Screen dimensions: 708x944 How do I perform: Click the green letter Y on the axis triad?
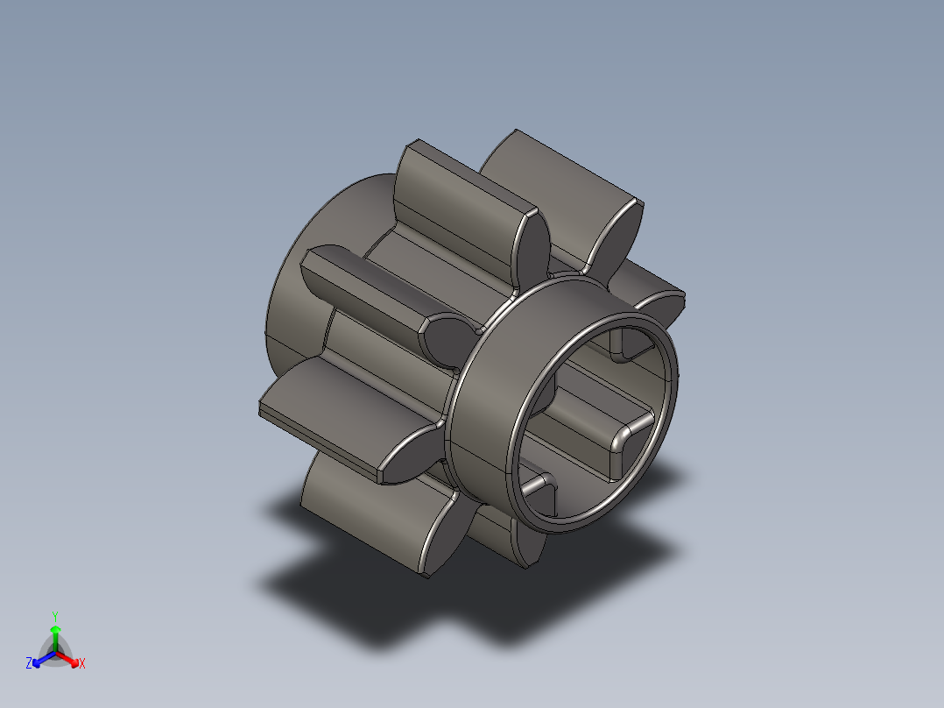[55, 616]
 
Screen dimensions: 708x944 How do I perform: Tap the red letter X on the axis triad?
[82, 664]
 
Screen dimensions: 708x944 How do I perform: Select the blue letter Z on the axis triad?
[29, 663]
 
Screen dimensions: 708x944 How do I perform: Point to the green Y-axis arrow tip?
[55, 630]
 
